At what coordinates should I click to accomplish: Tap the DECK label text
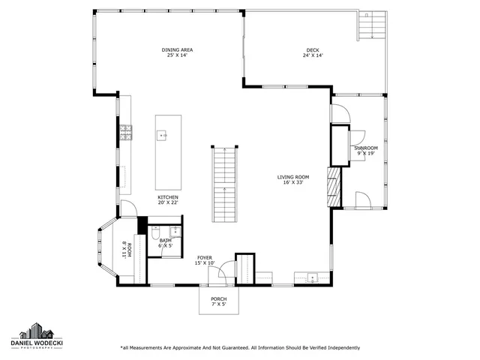(x=312, y=50)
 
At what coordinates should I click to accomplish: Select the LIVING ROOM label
(x=292, y=177)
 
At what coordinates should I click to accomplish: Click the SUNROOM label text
(x=366, y=148)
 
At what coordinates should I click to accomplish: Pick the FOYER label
(x=205, y=257)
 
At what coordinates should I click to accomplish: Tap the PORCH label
(x=218, y=298)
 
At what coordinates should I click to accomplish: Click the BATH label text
(x=165, y=240)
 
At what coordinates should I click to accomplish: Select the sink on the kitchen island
(x=161, y=136)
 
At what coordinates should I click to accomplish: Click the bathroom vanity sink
(x=174, y=232)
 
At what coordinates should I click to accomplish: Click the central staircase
(x=223, y=184)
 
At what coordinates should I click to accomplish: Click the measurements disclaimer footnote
(x=240, y=347)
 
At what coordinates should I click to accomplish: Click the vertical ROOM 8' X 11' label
(x=127, y=250)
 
